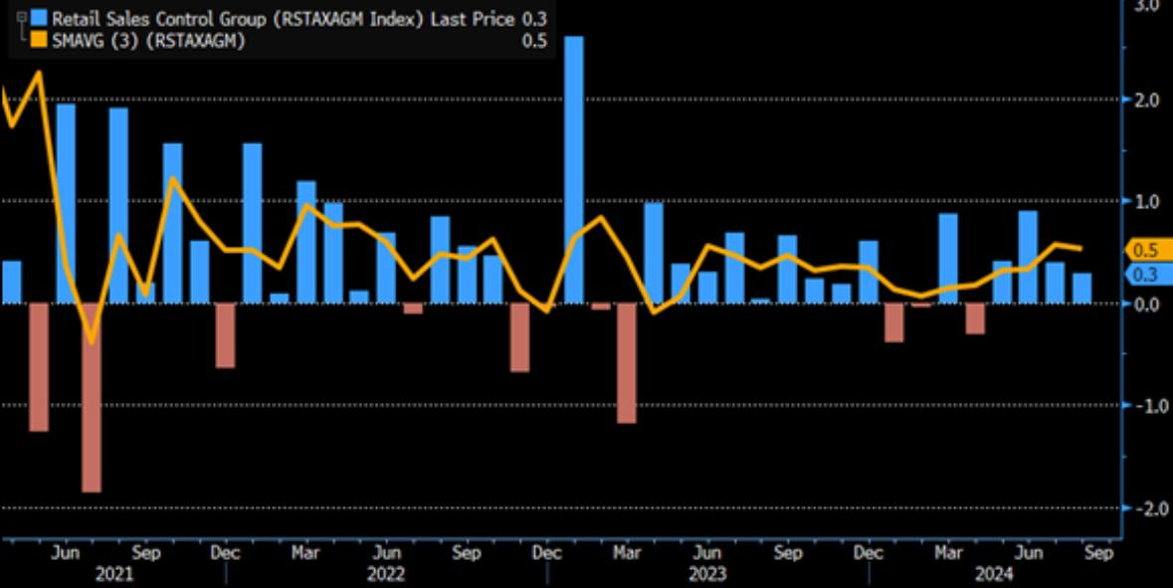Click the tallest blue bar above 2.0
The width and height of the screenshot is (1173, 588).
click(x=573, y=169)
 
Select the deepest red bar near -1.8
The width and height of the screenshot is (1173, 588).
click(x=92, y=397)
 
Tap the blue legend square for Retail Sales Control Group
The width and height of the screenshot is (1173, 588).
click(x=39, y=18)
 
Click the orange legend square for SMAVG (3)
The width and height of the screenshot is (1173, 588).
click(x=39, y=40)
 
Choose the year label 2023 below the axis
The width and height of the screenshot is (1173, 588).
click(x=706, y=574)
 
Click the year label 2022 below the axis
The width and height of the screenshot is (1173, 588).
click(x=385, y=574)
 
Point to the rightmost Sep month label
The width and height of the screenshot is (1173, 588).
click(x=1097, y=553)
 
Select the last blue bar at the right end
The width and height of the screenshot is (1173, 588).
click(x=1081, y=288)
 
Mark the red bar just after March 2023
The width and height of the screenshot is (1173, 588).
click(x=627, y=363)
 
